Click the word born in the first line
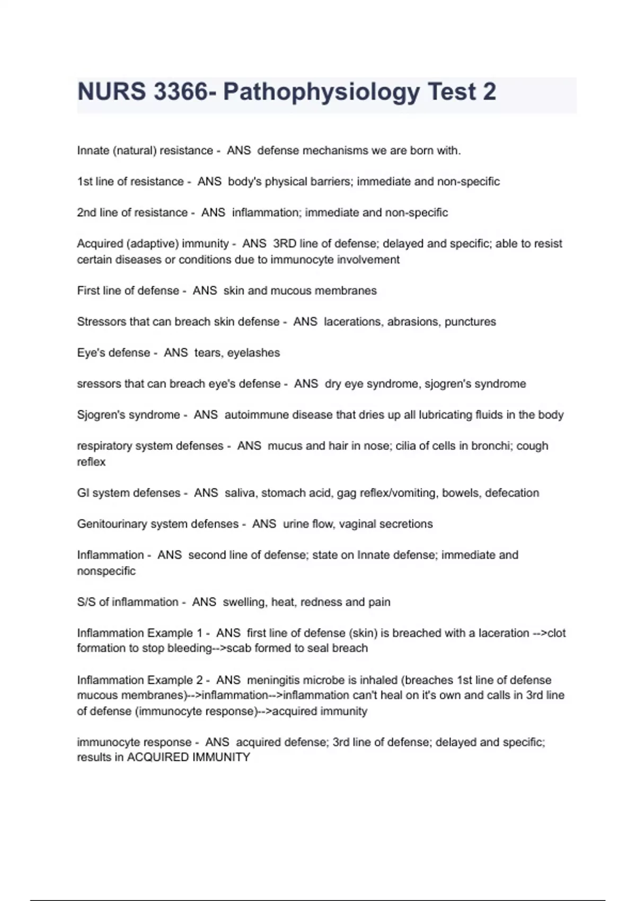click(422, 151)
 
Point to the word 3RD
click(284, 244)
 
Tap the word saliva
click(240, 493)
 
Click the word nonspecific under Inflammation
click(106, 571)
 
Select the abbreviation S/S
click(86, 602)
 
